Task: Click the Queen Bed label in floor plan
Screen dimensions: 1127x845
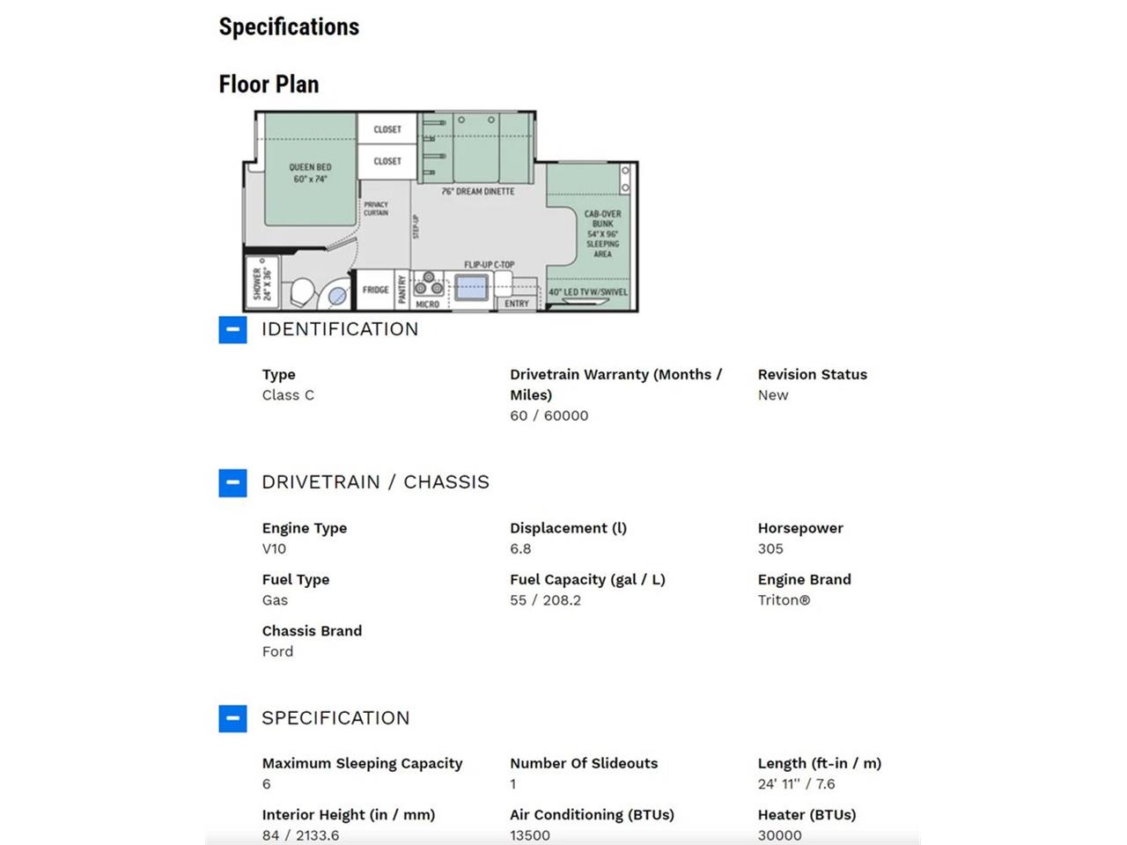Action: click(310, 173)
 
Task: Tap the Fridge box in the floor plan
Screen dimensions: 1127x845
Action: click(375, 290)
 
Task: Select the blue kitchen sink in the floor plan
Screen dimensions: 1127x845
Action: click(471, 287)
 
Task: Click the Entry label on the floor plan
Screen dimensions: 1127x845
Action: click(516, 303)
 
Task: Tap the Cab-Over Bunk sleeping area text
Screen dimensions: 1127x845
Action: click(602, 233)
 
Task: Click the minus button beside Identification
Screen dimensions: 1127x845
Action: click(232, 329)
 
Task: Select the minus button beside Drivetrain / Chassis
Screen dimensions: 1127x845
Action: click(232, 482)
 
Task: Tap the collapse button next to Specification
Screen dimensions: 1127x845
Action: click(232, 718)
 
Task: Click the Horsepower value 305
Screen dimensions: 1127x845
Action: click(770, 548)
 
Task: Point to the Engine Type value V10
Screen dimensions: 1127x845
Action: click(274, 548)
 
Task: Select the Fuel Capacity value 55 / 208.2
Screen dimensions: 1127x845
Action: click(545, 599)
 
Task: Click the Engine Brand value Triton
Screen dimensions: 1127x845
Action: click(784, 599)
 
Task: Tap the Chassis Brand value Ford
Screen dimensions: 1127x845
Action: click(277, 651)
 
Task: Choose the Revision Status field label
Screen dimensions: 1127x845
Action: click(813, 375)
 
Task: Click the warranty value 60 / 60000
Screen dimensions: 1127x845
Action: click(549, 415)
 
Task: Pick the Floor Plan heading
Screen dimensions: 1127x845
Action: click(269, 84)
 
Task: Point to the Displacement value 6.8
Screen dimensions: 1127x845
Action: click(520, 548)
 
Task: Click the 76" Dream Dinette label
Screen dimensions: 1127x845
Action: click(478, 191)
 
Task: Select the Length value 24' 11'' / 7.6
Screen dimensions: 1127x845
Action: click(796, 783)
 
